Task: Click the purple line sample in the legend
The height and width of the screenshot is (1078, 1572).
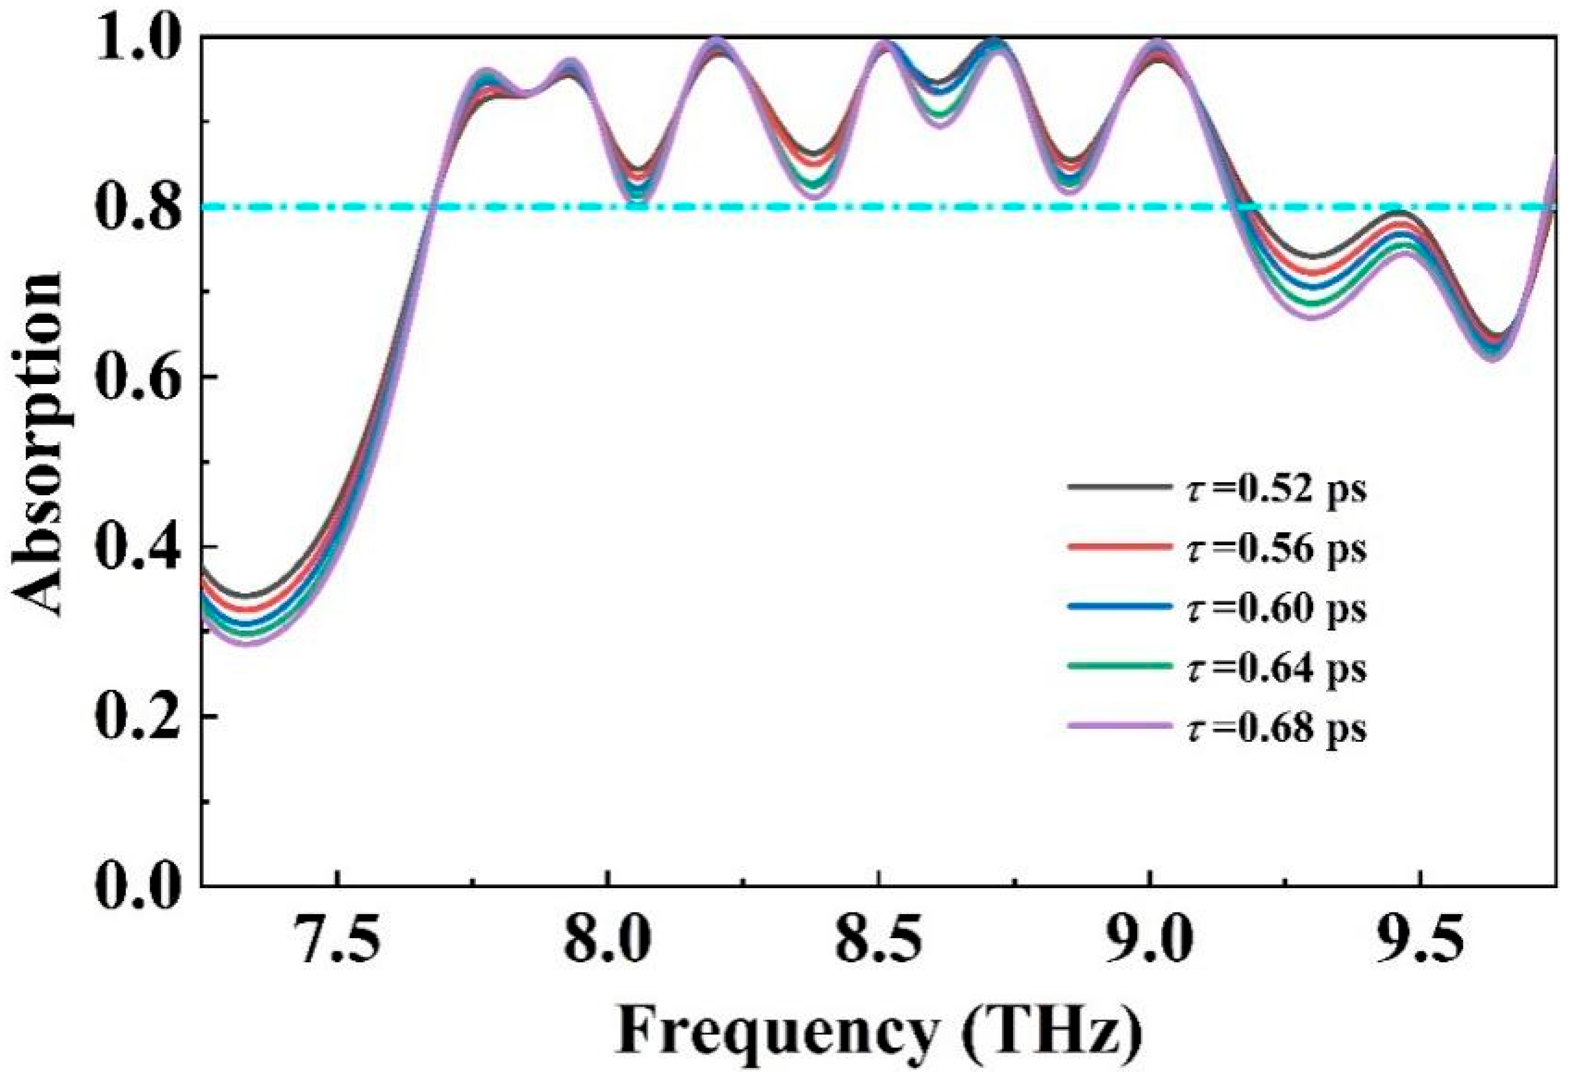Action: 1120,725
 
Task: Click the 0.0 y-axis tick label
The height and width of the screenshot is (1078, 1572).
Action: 139,884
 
